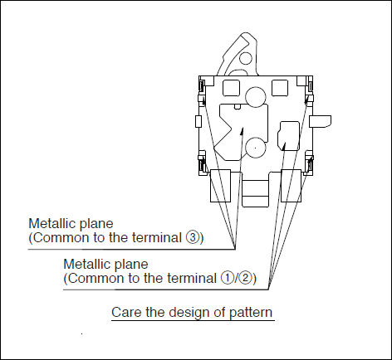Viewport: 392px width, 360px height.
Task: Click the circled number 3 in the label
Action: [193, 237]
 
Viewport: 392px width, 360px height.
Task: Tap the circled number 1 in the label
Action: [227, 278]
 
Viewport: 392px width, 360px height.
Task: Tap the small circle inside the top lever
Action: [246, 59]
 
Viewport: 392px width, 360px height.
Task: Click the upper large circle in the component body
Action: [256, 97]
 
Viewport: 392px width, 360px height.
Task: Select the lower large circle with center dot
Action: [255, 148]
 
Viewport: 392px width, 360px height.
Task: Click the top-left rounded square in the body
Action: [231, 88]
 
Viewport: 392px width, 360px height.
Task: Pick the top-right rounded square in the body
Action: [280, 88]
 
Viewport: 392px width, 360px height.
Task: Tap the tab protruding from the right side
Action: [320, 122]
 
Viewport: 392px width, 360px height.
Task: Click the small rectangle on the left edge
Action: [198, 122]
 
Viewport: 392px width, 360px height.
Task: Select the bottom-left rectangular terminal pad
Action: [221, 186]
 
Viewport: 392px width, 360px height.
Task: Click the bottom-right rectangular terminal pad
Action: [292, 186]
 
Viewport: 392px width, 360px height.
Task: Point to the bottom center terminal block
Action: [255, 193]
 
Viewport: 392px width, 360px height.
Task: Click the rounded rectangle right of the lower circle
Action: [288, 136]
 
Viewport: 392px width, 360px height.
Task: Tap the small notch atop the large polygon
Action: [238, 107]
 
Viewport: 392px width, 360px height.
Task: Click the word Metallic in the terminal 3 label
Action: [52, 223]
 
